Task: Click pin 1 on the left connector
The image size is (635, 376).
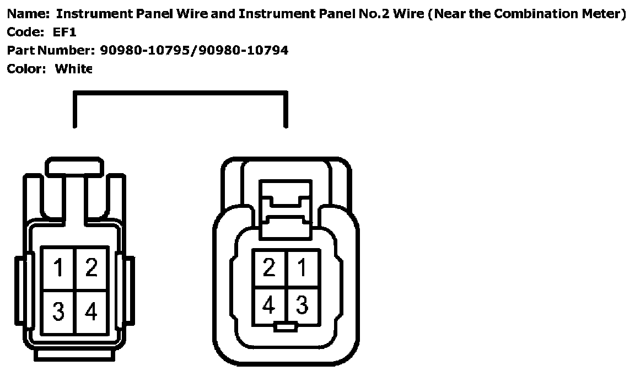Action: pyautogui.click(x=58, y=268)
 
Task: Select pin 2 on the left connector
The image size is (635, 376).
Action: pyautogui.click(x=91, y=268)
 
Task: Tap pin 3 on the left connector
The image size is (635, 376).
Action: pyautogui.click(x=58, y=312)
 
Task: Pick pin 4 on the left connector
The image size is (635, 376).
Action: pyautogui.click(x=91, y=312)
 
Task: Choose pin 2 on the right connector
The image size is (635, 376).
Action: pyautogui.click(x=269, y=268)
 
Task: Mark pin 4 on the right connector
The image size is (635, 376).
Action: pyautogui.click(x=269, y=304)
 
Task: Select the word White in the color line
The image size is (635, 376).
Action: pyautogui.click(x=73, y=69)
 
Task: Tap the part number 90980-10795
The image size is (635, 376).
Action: pyautogui.click(x=146, y=51)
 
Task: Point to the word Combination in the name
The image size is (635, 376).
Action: pyautogui.click(x=532, y=14)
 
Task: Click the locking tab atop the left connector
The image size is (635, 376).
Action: pyautogui.click(x=74, y=167)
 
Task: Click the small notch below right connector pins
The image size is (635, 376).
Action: pyautogui.click(x=286, y=328)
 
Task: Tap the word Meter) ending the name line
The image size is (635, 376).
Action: pyautogui.click(x=600, y=14)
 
